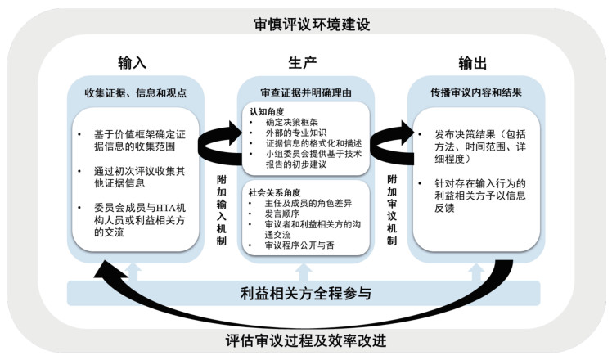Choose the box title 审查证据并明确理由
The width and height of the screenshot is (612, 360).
305,92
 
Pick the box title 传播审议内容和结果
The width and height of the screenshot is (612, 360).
475,92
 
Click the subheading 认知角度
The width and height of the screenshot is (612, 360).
263,109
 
